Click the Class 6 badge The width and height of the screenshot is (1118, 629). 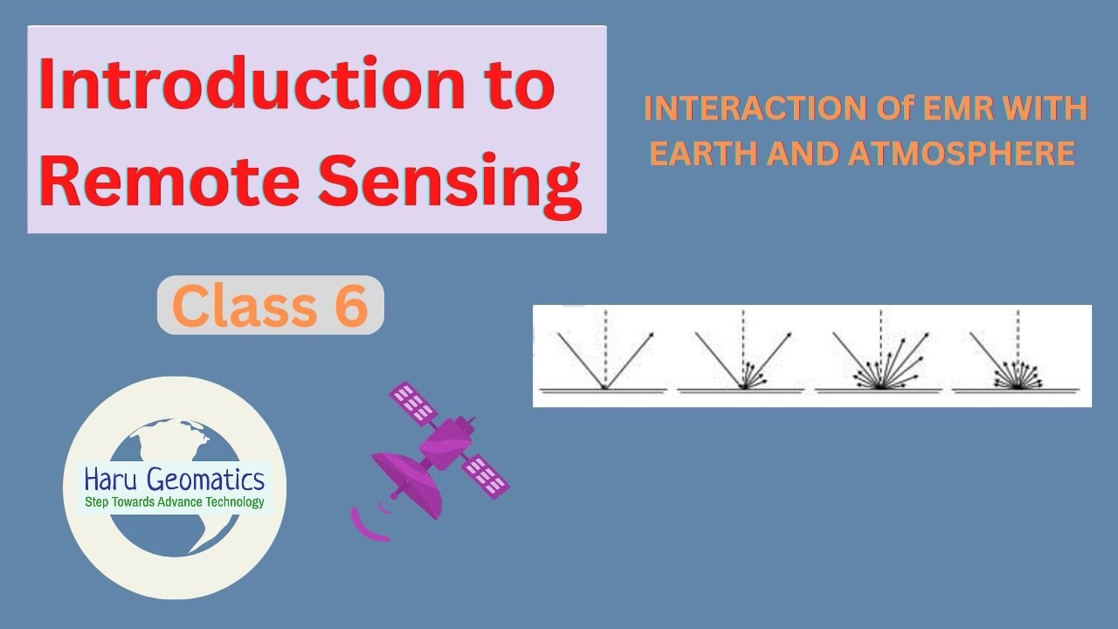coord(270,305)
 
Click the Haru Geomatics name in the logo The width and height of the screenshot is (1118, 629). coord(174,479)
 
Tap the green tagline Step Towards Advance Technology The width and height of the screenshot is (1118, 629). coord(174,502)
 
